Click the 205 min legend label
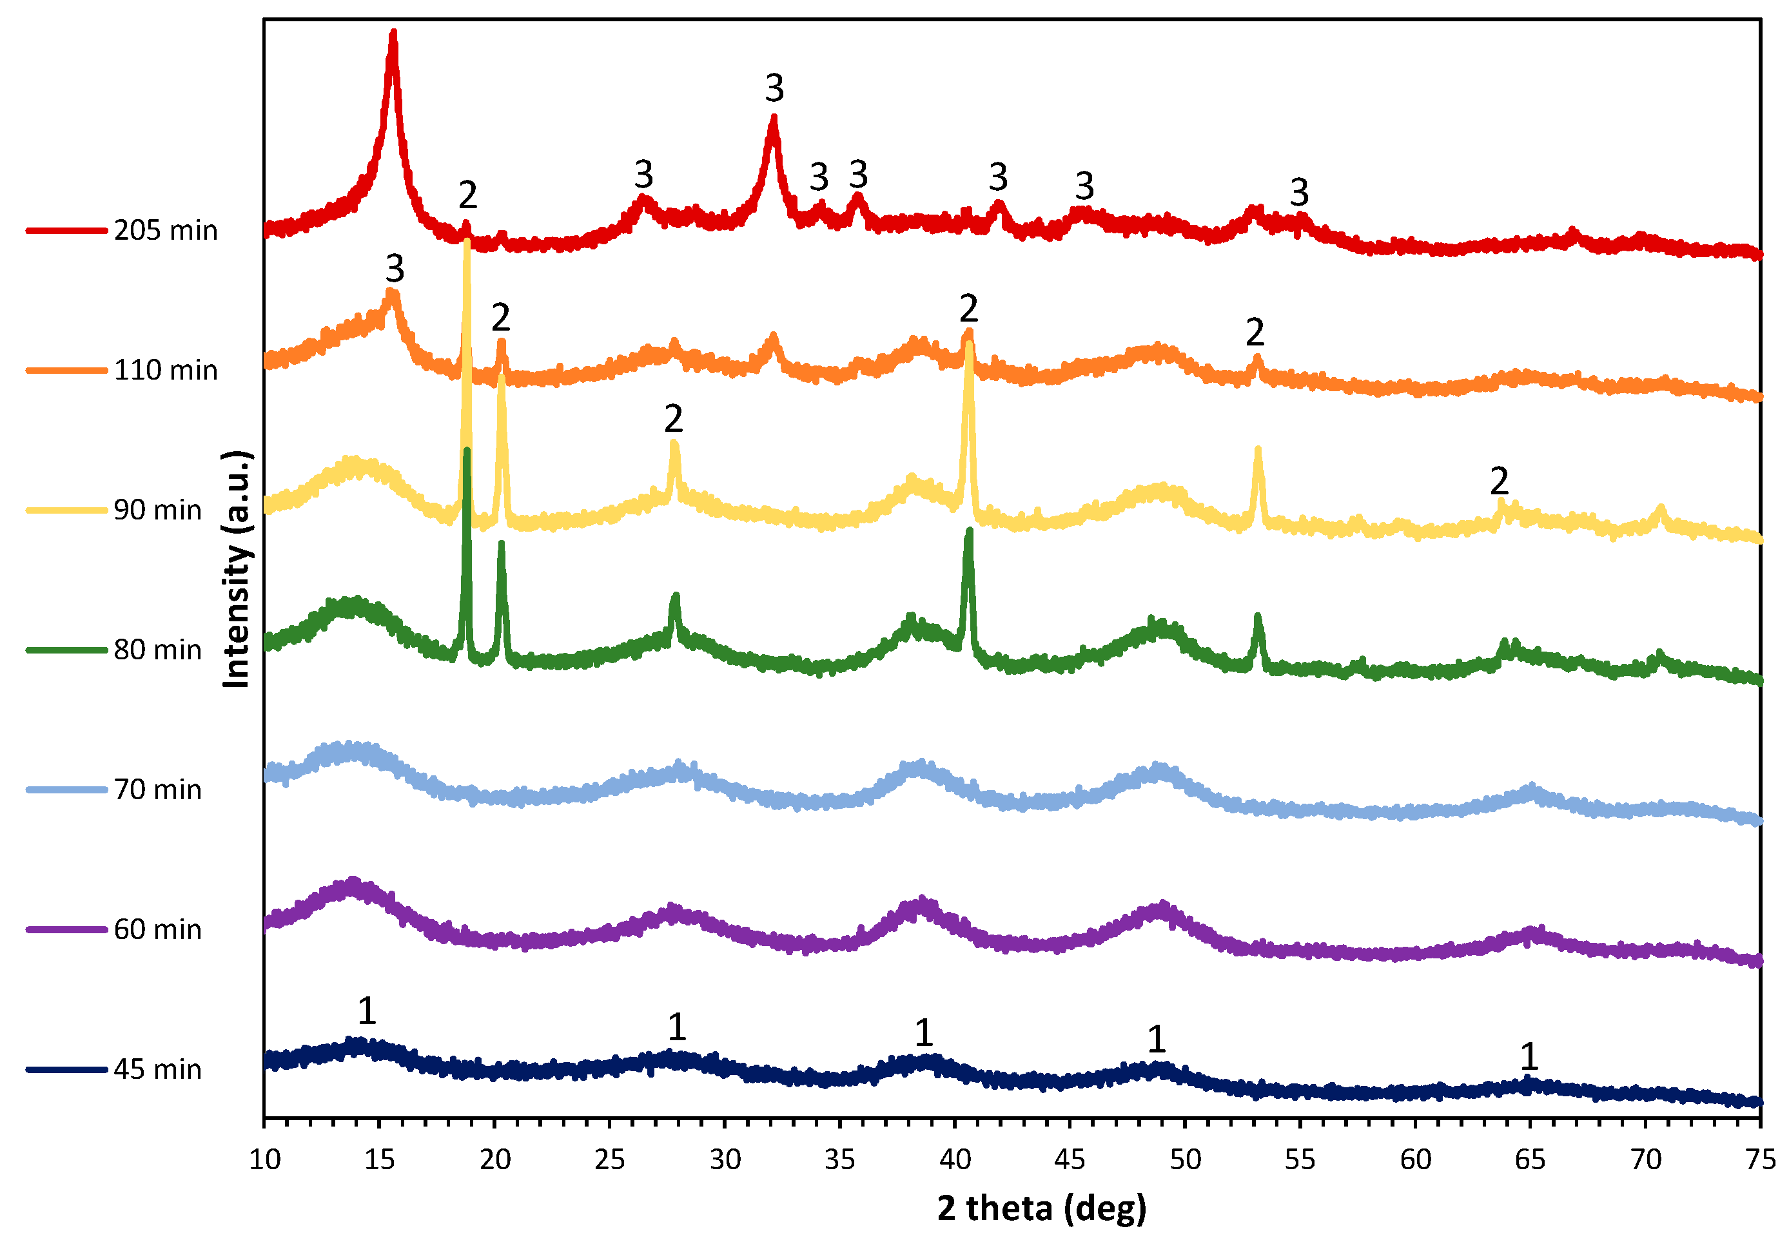pyautogui.click(x=166, y=231)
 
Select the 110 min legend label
pyautogui.click(x=166, y=371)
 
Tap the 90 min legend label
pyautogui.click(x=158, y=510)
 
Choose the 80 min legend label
pyautogui.click(x=158, y=650)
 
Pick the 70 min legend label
pyautogui.click(x=158, y=790)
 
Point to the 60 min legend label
pyautogui.click(x=158, y=930)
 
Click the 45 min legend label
pyautogui.click(x=158, y=1070)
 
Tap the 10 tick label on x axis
pyautogui.click(x=264, y=1160)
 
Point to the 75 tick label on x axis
pyautogui.click(x=1760, y=1160)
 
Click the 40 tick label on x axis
pyautogui.click(x=955, y=1160)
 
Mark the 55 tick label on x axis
pyautogui.click(x=1300, y=1160)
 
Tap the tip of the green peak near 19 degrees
pyautogui.click(x=466, y=450)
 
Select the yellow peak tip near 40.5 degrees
pyautogui.click(x=968, y=344)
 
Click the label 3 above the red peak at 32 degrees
pyautogui.click(x=774, y=88)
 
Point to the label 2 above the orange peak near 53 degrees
pyautogui.click(x=1255, y=333)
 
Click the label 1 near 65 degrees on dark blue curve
pyautogui.click(x=1529, y=1056)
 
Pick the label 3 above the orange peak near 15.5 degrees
pyautogui.click(x=395, y=269)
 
